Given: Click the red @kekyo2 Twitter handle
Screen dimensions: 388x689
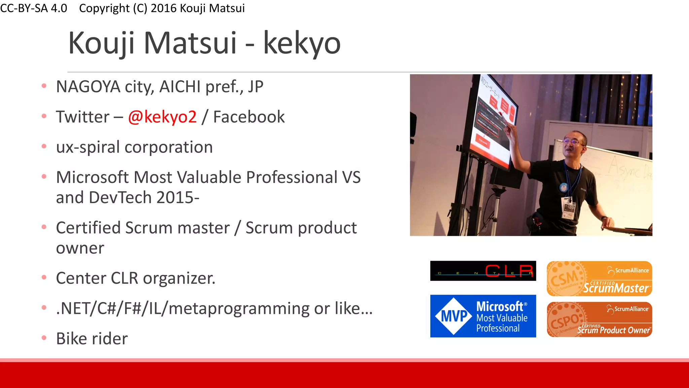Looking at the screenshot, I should pyautogui.click(x=162, y=117).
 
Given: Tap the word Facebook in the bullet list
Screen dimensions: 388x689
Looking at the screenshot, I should pyautogui.click(x=249, y=117).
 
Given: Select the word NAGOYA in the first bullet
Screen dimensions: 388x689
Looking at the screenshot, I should pyautogui.click(x=88, y=87).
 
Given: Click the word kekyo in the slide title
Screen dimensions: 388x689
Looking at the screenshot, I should pyautogui.click(x=302, y=43).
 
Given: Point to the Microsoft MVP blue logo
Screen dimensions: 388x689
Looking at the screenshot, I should pyautogui.click(x=483, y=316).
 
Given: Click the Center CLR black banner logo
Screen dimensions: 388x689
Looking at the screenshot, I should pyautogui.click(x=483, y=271).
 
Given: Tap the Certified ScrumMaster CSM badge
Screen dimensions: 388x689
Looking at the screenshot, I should pyautogui.click(x=599, y=279).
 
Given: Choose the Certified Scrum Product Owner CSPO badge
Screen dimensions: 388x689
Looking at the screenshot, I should pyautogui.click(x=599, y=319).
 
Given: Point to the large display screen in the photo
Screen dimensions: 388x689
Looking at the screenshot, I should pyautogui.click(x=491, y=121).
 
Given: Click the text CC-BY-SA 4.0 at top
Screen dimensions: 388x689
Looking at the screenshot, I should pyautogui.click(x=34, y=8).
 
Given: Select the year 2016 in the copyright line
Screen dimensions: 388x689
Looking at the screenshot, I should pyautogui.click(x=164, y=8).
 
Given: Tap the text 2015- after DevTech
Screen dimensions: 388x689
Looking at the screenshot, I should pyautogui.click(x=178, y=197).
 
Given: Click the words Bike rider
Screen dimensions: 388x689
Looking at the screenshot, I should pyautogui.click(x=92, y=338).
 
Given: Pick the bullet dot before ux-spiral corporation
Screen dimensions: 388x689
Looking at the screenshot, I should pyautogui.click(x=44, y=147).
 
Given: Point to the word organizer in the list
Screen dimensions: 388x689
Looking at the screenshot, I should pyautogui.click(x=179, y=278).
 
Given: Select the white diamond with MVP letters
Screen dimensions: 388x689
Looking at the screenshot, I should pyautogui.click(x=454, y=316).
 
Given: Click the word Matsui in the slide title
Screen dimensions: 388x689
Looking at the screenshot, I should pyautogui.click(x=190, y=43).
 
